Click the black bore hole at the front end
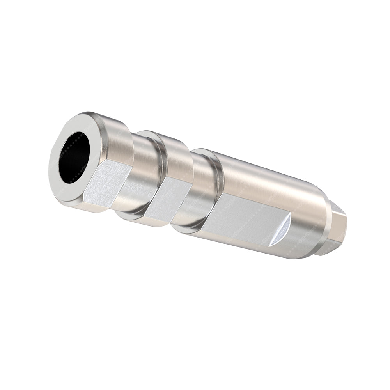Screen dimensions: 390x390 coord(74,158)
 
